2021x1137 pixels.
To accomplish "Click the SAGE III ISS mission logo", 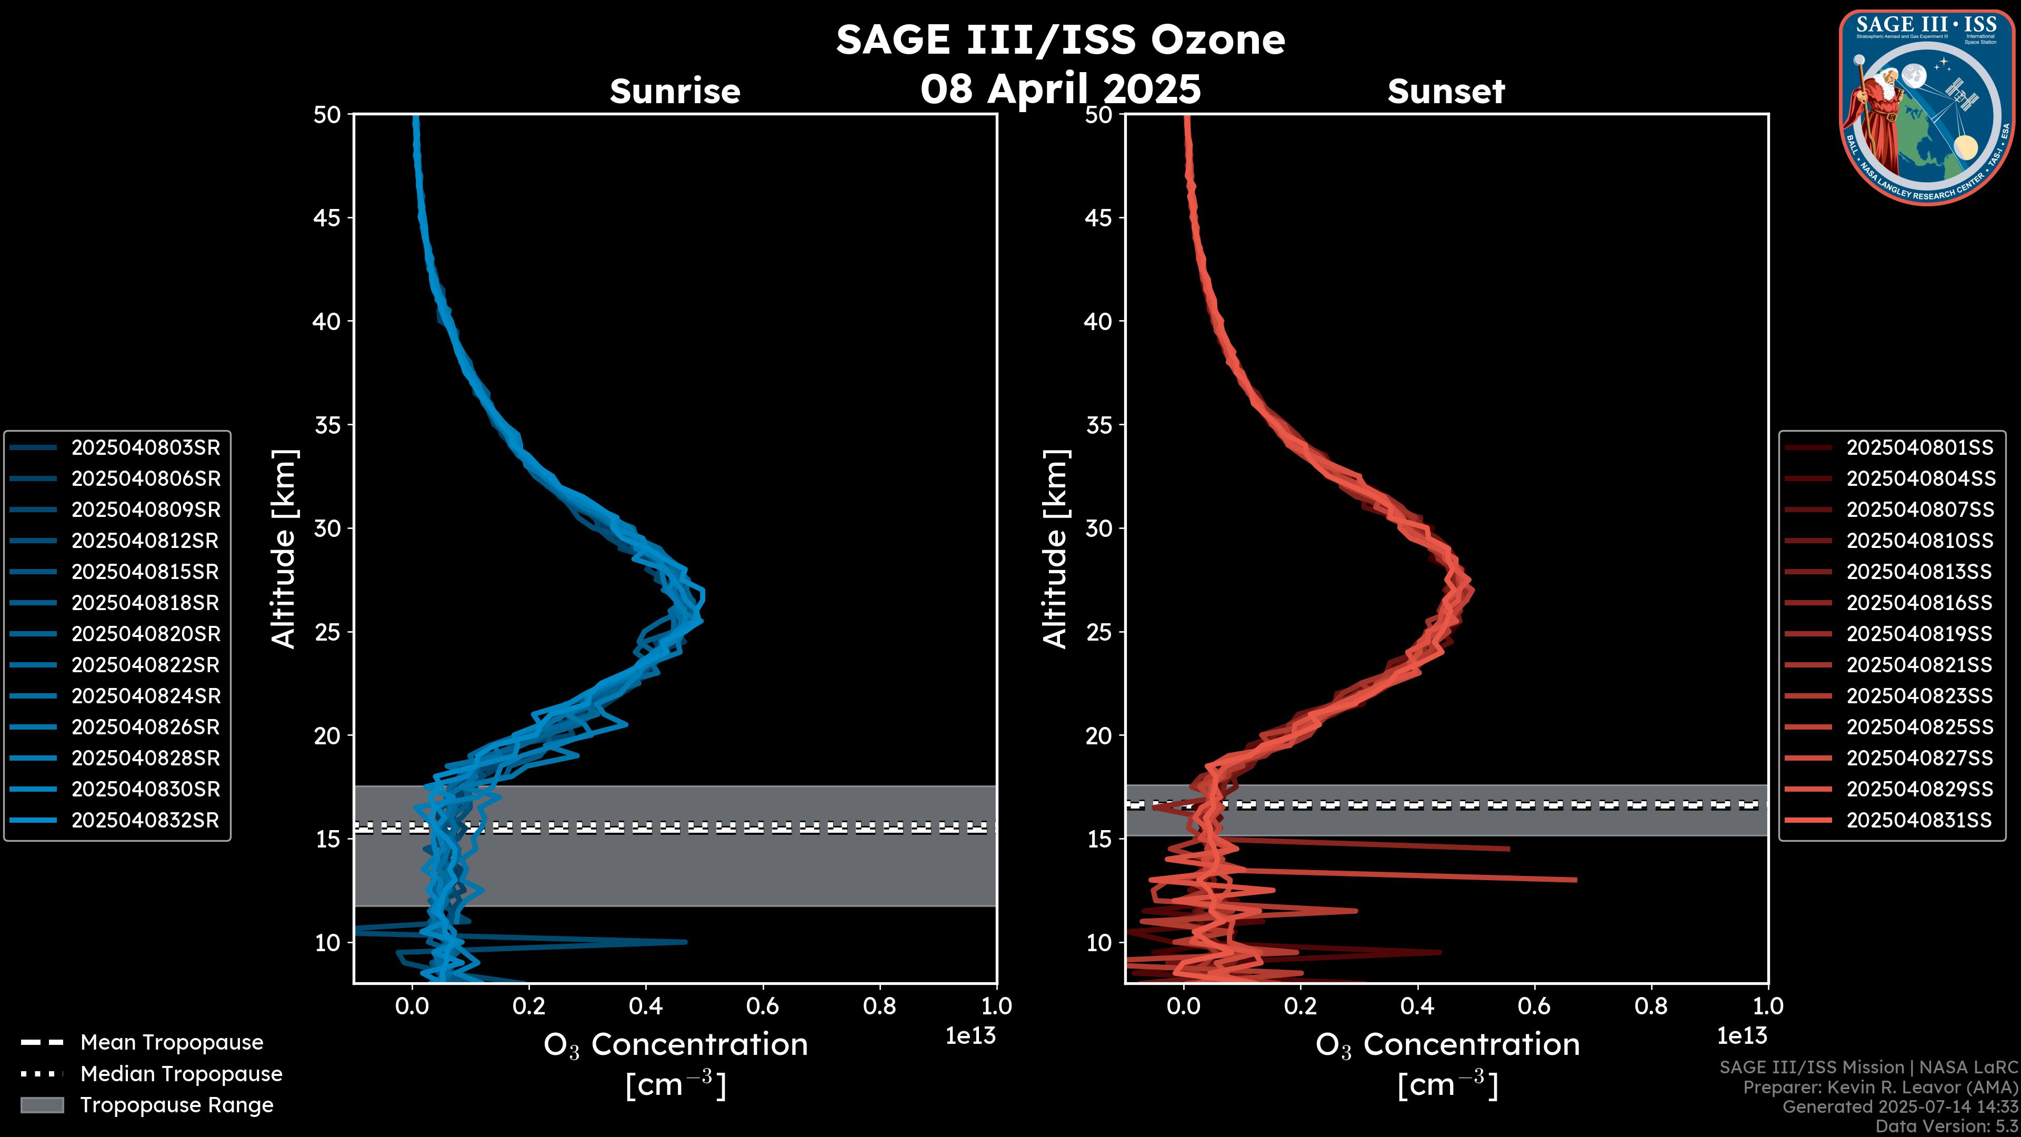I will pos(1927,107).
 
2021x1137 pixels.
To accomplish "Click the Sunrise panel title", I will pos(675,92).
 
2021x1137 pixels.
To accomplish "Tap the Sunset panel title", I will pos(1445,92).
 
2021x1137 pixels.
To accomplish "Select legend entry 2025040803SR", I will pos(145,447).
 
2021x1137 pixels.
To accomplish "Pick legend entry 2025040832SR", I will pos(145,820).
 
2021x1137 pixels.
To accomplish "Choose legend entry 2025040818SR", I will pos(145,603).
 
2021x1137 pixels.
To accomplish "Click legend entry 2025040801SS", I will pos(1919,447).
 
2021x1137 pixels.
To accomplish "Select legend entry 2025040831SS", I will pos(1919,820).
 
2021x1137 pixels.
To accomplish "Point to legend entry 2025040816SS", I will pos(1919,603).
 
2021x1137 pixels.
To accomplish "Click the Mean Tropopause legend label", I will pos(172,1042).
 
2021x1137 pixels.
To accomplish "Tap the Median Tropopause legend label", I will pos(181,1073).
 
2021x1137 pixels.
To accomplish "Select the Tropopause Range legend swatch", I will pos(42,1105).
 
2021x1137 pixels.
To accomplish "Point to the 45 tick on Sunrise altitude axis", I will pos(328,217).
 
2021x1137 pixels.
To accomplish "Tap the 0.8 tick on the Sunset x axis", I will pos(1650,1006).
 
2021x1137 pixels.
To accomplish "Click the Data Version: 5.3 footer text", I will pos(1946,1126).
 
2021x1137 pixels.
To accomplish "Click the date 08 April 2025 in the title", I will pos(1060,88).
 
